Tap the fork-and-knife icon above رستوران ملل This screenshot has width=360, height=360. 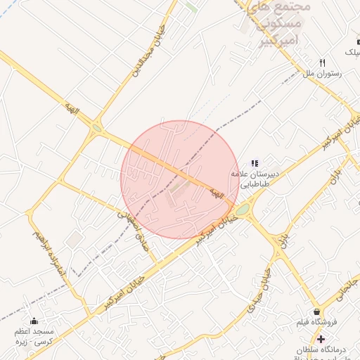click(323, 62)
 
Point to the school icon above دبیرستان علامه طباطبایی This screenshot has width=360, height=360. click(255, 163)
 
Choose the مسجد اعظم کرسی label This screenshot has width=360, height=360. click(34, 334)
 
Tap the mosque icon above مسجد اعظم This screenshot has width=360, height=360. click(34, 321)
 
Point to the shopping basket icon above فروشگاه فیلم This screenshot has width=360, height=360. click(316, 311)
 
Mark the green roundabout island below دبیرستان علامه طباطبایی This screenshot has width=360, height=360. click(243, 210)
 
